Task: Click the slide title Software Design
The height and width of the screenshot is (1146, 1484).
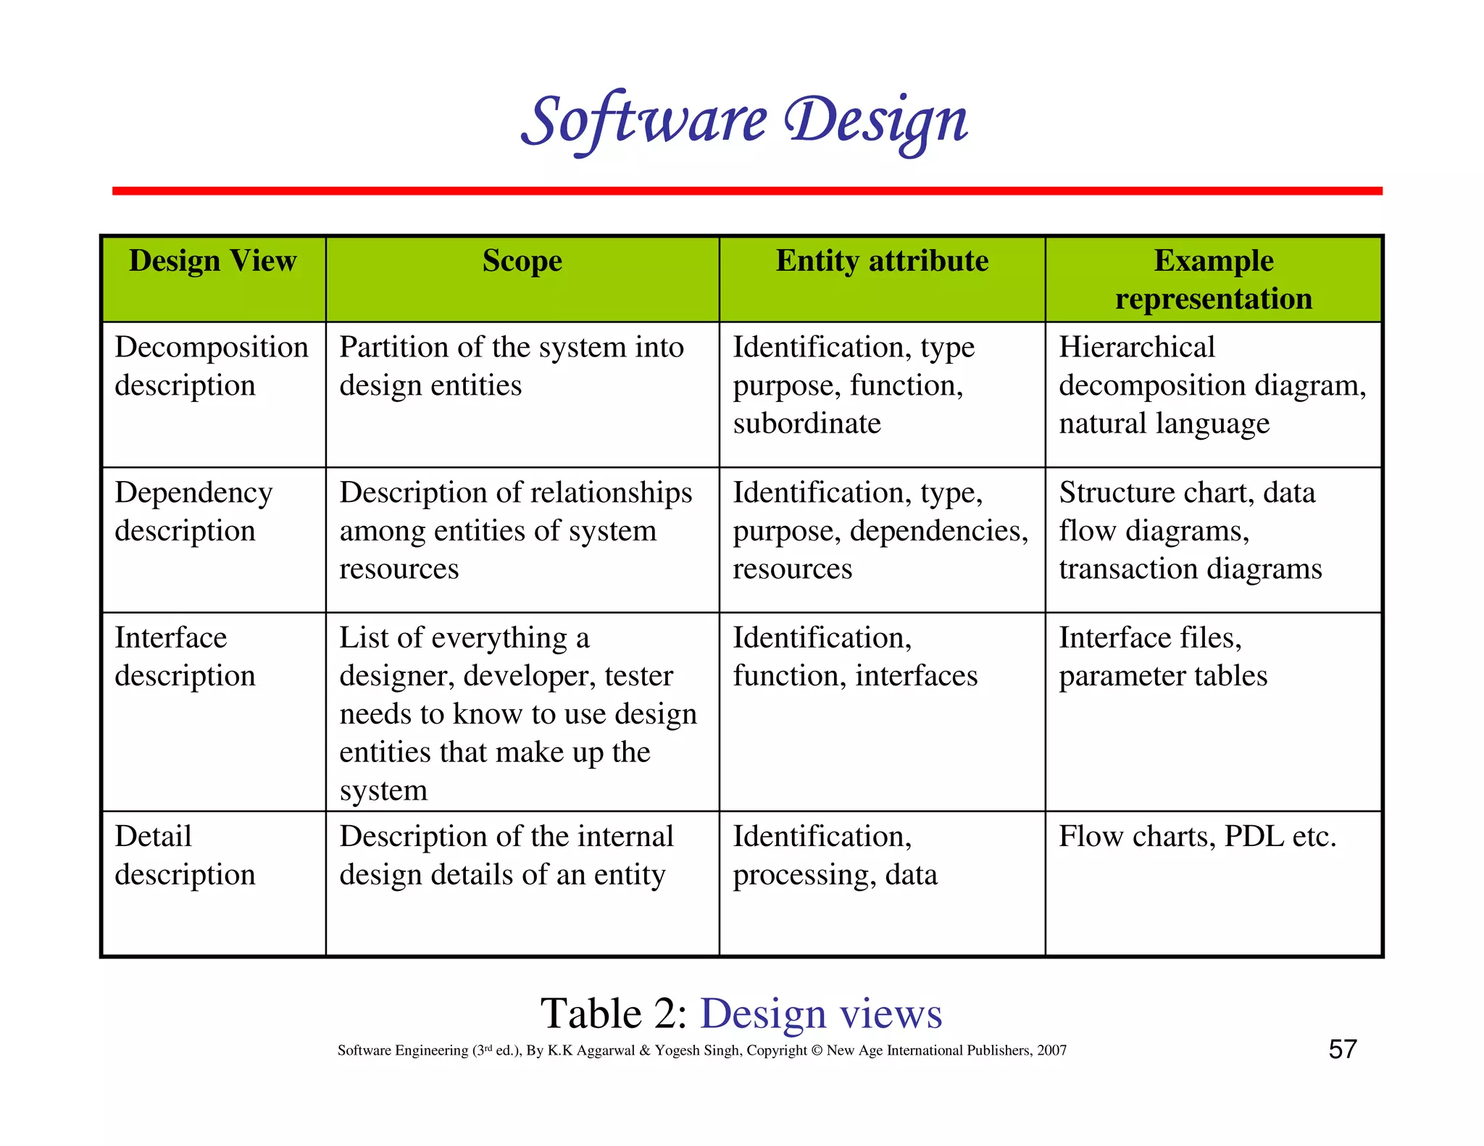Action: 744,120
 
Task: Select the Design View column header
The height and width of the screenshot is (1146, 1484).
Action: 212,261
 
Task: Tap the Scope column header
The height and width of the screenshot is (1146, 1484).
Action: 522,261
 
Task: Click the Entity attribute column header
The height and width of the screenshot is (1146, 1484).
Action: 882,261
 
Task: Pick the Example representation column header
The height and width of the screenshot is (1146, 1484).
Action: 1214,279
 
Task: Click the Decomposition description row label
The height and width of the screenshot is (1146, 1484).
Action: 211,366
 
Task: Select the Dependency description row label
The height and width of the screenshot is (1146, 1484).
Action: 193,511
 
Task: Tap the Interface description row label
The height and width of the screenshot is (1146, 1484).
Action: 185,656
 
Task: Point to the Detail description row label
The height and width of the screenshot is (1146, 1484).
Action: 185,855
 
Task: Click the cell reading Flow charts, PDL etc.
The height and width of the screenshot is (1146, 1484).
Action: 1197,837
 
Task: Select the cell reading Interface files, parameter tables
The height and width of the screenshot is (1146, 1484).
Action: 1162,656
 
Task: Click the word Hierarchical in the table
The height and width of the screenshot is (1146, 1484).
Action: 1136,347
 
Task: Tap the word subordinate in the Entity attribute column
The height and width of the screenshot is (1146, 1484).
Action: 806,423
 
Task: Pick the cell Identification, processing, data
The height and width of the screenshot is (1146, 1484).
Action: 835,855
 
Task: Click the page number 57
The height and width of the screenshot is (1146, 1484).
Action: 1342,1049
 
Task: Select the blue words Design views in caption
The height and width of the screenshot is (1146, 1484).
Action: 821,1013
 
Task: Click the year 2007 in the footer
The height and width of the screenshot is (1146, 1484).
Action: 1051,1050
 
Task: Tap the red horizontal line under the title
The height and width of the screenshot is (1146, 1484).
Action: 746,191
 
